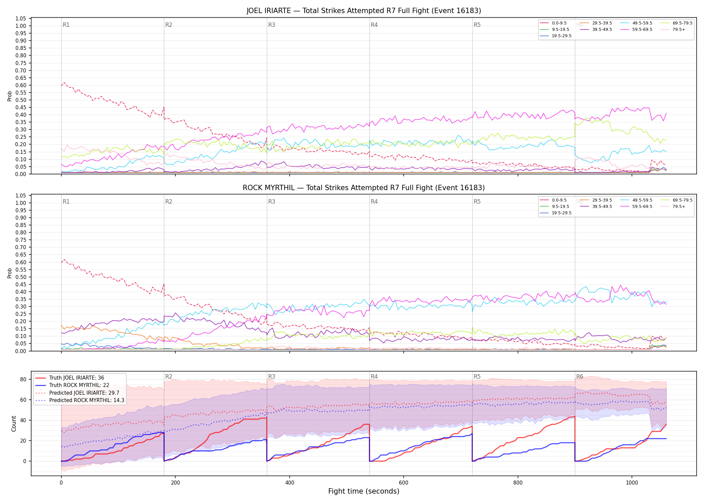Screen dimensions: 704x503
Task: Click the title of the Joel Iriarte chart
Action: (364, 11)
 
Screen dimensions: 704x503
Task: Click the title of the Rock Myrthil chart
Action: (364, 188)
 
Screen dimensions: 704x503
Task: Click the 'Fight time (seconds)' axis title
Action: (364, 491)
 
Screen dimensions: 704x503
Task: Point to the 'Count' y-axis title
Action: (14, 424)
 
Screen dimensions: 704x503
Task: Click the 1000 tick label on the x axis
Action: (632, 483)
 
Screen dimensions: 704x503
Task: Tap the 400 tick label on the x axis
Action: (290, 483)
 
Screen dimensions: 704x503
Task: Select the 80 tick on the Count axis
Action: (23, 380)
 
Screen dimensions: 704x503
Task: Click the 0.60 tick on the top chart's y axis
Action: (21, 85)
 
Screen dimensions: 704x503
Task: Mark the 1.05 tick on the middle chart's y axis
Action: (21, 195)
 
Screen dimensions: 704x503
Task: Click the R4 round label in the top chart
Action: (374, 25)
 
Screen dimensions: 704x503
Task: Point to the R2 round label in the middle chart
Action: (169, 202)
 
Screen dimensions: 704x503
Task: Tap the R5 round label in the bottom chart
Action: (477, 377)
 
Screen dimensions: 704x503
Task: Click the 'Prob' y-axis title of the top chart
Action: (10, 96)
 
